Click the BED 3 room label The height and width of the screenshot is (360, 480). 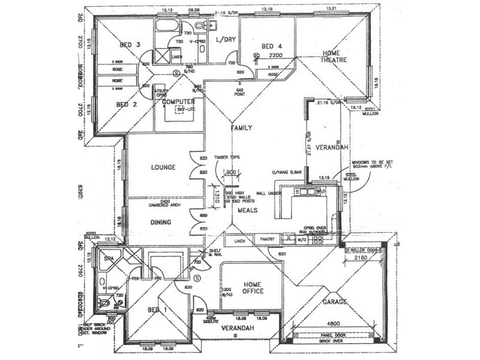tap(130, 45)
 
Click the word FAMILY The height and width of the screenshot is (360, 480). tap(242, 128)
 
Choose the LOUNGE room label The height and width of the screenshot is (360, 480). tap(163, 167)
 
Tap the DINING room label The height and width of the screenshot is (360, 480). tap(161, 222)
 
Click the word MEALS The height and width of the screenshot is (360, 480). tap(247, 211)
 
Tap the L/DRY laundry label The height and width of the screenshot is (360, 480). tap(226, 40)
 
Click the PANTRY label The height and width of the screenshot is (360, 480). tap(267, 239)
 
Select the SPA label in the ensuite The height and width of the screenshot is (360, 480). tap(109, 259)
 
